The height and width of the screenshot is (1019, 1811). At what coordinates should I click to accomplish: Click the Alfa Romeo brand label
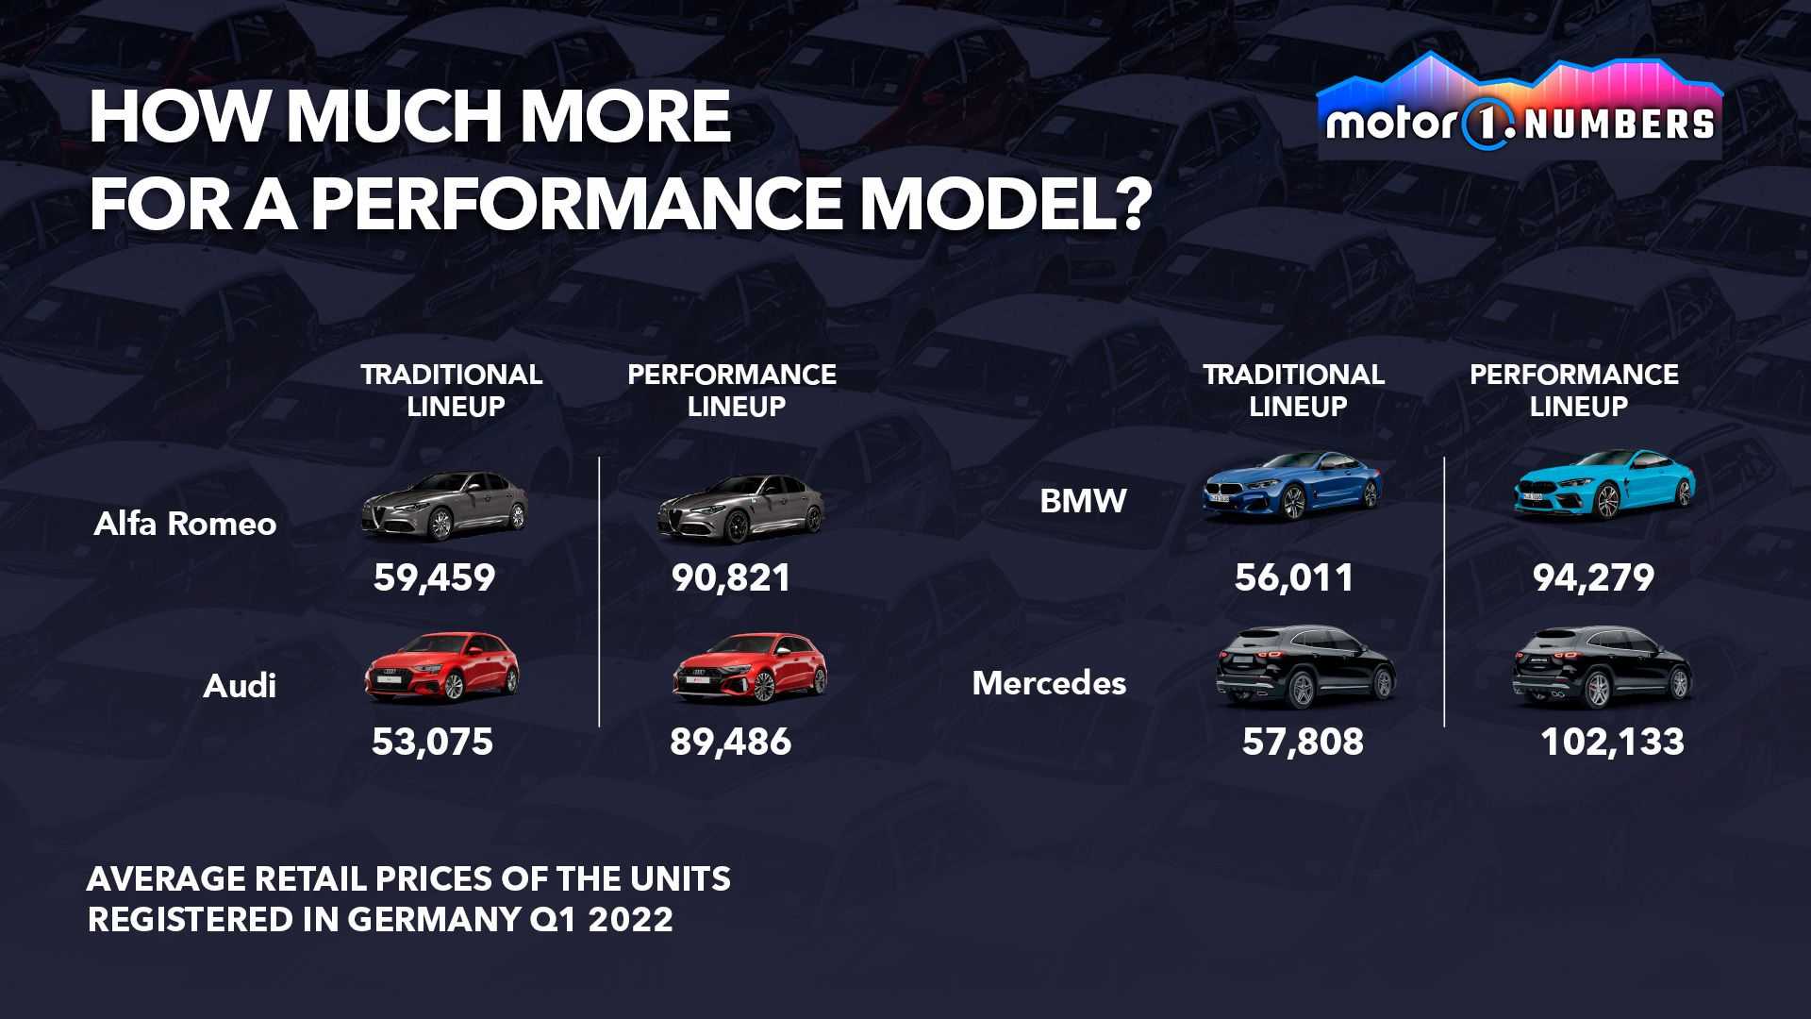(x=185, y=524)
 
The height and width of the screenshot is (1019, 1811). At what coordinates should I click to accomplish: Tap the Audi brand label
(x=240, y=686)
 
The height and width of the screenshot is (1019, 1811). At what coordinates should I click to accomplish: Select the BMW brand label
(x=1083, y=500)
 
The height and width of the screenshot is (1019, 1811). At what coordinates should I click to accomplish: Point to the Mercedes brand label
(x=1049, y=683)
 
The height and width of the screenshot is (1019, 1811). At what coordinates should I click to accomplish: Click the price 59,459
(x=434, y=577)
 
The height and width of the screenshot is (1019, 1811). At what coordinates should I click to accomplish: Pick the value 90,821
(x=731, y=577)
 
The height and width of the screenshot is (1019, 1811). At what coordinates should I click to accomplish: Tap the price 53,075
(x=432, y=742)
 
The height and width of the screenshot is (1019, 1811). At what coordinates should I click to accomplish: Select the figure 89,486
(x=731, y=742)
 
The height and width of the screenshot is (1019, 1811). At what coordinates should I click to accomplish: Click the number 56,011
(x=1294, y=577)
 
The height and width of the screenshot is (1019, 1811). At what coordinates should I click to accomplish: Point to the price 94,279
(x=1593, y=577)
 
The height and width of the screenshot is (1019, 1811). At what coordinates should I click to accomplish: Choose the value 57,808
(x=1303, y=742)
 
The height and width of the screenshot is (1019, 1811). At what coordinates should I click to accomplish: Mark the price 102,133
(x=1612, y=742)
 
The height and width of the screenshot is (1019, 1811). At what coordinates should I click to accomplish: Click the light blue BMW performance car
(x=1604, y=484)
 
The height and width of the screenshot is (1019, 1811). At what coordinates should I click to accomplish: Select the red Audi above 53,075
(x=441, y=666)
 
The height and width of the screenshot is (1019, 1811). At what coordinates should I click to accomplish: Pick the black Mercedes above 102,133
(x=1602, y=666)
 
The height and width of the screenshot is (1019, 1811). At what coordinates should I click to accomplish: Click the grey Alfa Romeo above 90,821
(x=740, y=508)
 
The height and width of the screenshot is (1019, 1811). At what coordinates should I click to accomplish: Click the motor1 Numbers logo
(x=1520, y=106)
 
